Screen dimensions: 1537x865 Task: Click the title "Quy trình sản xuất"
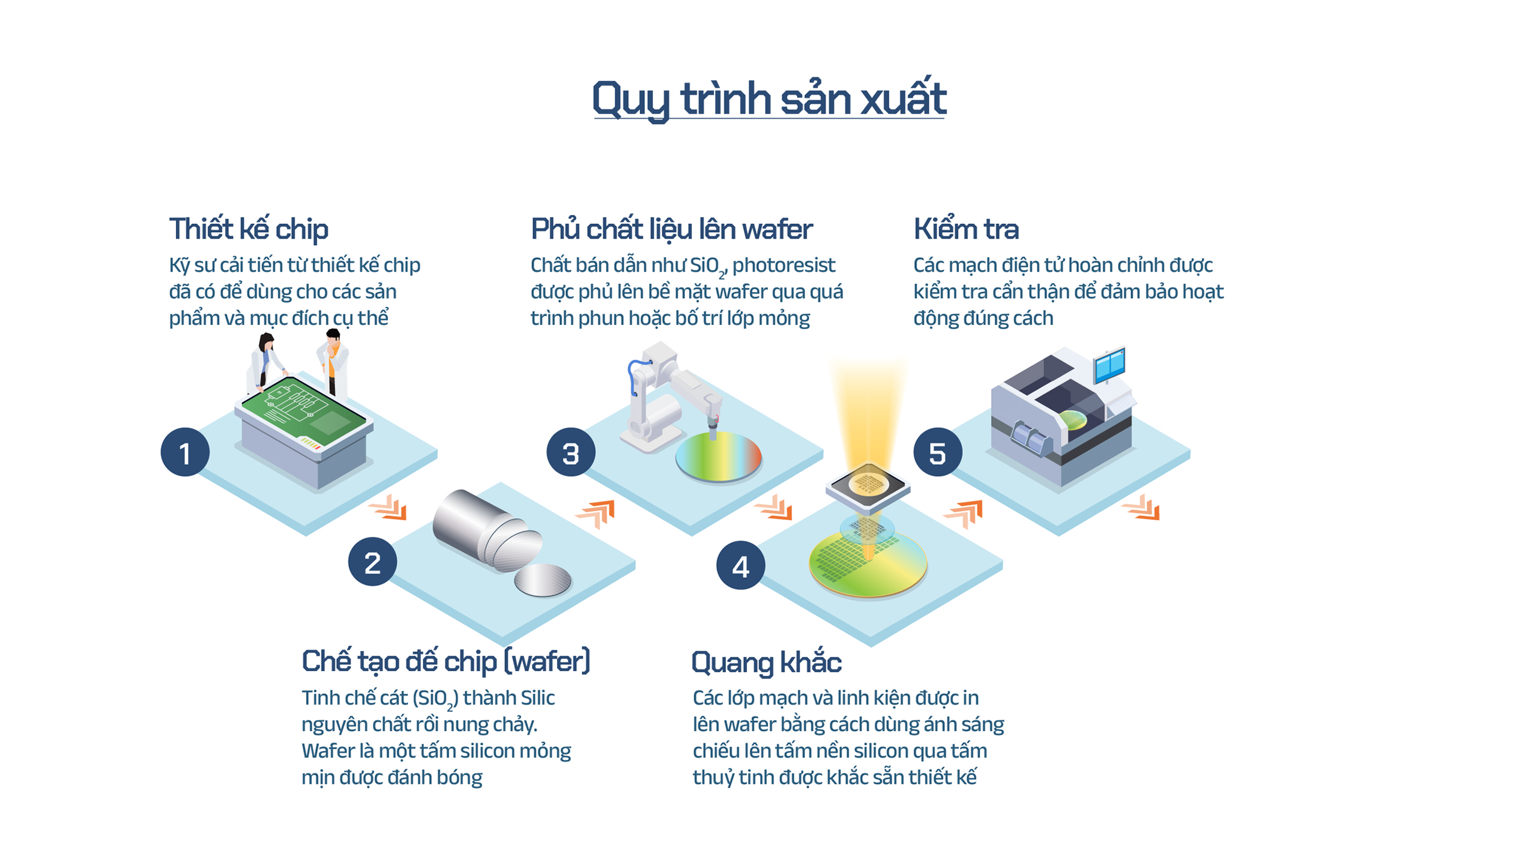769,99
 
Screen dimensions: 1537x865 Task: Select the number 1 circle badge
185,452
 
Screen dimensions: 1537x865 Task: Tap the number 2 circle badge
372,562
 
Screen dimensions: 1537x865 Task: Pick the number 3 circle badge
570,452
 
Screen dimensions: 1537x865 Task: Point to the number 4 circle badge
740,565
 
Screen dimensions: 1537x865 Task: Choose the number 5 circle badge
938,452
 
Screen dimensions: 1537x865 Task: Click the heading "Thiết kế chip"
249,229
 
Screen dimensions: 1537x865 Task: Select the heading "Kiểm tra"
966,229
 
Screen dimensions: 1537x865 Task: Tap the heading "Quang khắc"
766,663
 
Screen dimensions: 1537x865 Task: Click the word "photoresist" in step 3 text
784,265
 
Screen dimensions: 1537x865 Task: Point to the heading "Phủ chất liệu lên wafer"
671,229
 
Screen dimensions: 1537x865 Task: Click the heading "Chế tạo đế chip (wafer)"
446,661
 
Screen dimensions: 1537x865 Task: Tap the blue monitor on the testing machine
1109,364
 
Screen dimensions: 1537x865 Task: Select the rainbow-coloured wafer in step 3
718,457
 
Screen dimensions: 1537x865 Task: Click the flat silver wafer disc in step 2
543,580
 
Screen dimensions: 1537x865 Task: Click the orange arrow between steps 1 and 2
389,508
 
